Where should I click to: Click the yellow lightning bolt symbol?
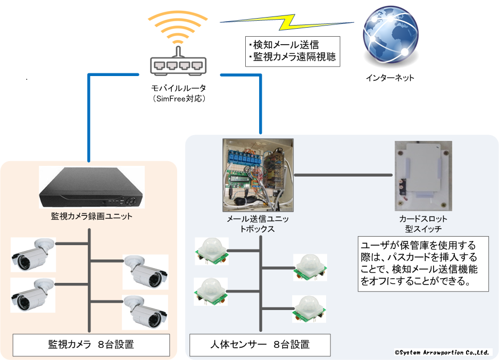coord(288,22)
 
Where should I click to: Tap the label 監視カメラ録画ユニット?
coord(92,216)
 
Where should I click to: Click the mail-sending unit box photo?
coord(258,173)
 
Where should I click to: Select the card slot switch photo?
coord(423,175)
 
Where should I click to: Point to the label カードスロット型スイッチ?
coord(423,223)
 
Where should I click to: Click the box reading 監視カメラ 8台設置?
coord(91,345)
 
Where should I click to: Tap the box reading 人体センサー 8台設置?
coord(260,345)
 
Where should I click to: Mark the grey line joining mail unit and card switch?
coord(344,174)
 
